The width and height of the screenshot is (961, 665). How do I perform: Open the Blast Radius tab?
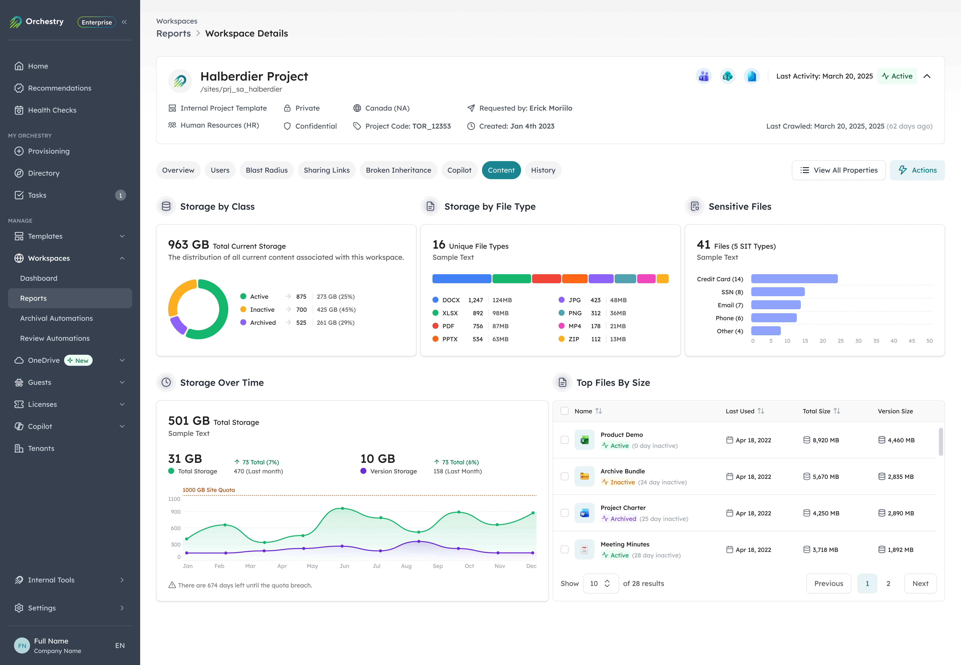click(266, 170)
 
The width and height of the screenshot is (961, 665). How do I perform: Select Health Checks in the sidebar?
click(52, 110)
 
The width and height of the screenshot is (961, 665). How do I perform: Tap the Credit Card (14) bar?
click(794, 279)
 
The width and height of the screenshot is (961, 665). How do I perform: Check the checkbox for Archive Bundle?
click(564, 476)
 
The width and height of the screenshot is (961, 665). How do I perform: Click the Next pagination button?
click(920, 583)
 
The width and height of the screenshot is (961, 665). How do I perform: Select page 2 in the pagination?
click(888, 583)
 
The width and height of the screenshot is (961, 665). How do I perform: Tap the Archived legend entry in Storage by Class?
click(263, 323)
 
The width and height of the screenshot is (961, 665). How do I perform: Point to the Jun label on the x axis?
click(344, 566)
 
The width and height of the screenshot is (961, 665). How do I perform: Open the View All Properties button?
click(839, 170)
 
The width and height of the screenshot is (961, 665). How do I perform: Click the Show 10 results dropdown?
click(600, 583)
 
